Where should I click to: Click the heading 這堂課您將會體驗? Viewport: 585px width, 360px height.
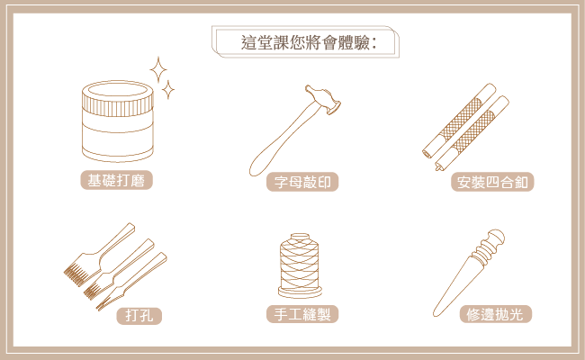[308, 42]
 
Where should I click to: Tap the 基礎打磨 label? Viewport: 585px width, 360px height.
[116, 180]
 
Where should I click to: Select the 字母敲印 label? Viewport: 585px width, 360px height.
[302, 182]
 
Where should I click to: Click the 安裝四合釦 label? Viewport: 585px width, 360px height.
[492, 182]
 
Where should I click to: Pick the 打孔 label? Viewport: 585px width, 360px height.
[139, 316]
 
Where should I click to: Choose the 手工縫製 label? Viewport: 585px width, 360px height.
[302, 314]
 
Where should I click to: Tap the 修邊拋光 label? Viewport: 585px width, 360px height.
[495, 314]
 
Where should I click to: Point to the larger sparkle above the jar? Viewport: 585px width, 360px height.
[158, 70]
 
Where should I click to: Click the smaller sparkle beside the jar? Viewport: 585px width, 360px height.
[168, 89]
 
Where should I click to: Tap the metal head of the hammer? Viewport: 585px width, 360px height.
[323, 99]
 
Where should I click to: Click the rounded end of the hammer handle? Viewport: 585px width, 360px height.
[256, 168]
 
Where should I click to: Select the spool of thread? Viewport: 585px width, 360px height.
[300, 265]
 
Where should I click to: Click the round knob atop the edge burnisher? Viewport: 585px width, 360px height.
[497, 237]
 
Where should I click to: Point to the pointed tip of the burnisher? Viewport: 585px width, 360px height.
[435, 315]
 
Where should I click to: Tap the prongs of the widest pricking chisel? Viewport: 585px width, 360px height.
[76, 275]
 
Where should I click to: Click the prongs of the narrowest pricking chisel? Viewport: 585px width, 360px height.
[101, 306]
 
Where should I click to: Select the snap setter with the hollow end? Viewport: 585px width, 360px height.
[460, 120]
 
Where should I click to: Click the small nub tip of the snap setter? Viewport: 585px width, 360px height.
[437, 168]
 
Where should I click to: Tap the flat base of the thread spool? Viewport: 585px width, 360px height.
[300, 292]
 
